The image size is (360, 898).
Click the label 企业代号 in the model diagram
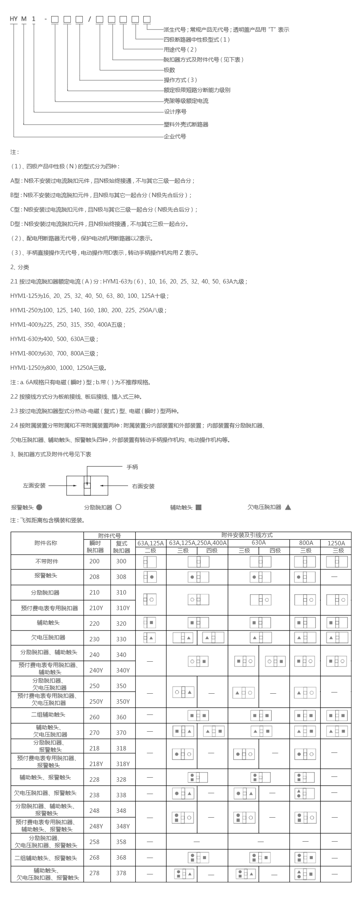pyautogui.click(x=175, y=136)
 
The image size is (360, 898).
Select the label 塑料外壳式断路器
pyautogui.click(x=186, y=124)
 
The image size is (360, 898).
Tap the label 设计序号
pyautogui.click(x=175, y=112)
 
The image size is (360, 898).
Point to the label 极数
pyautogui.click(x=169, y=70)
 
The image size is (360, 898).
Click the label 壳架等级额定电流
pyautogui.click(x=186, y=101)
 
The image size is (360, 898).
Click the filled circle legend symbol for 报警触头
pyautogui.click(x=39, y=507)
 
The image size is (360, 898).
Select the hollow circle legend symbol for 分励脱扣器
pyautogui.click(x=118, y=507)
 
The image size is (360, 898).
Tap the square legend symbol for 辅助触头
pyautogui.click(x=198, y=507)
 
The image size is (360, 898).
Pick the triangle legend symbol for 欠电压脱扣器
pyautogui.click(x=288, y=507)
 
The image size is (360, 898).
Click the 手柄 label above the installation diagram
pyautogui.click(x=132, y=467)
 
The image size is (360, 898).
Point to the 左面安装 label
pyautogui.click(x=34, y=486)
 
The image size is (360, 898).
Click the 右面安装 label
pyautogui.click(x=143, y=486)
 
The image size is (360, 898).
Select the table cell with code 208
pyautogui.click(x=94, y=577)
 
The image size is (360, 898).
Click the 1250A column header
pyautogui.click(x=336, y=543)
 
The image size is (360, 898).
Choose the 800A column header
pyautogui.click(x=306, y=543)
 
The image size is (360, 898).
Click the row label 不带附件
pyautogui.click(x=47, y=561)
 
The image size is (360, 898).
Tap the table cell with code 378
pyautogui.click(x=121, y=873)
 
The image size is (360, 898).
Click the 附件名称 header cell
pyautogui.click(x=46, y=543)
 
